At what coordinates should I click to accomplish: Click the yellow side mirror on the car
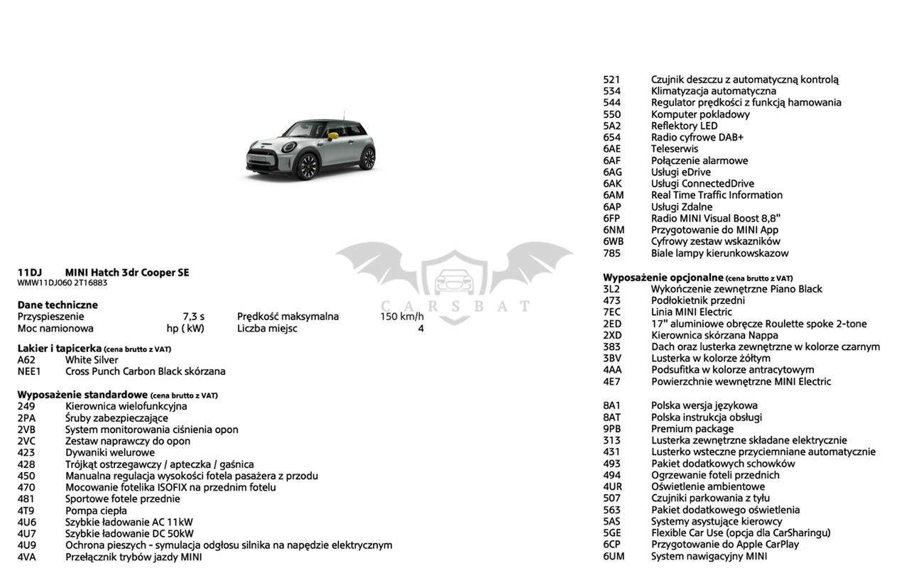(334, 131)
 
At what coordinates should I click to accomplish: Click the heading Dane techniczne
(58, 305)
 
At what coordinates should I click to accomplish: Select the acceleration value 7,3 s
(193, 317)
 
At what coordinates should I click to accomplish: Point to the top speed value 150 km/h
(402, 317)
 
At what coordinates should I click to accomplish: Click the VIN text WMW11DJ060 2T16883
(62, 283)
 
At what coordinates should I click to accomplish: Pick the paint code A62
(26, 360)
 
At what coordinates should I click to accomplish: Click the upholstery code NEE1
(29, 371)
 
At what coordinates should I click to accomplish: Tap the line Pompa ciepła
(96, 510)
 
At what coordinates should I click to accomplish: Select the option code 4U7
(26, 534)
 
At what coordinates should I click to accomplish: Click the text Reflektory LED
(684, 126)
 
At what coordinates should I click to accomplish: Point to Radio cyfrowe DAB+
(697, 138)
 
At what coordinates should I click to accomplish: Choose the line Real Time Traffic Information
(717, 195)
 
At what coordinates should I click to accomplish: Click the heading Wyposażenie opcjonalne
(663, 278)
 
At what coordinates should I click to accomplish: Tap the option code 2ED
(612, 324)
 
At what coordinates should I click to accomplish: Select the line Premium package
(692, 429)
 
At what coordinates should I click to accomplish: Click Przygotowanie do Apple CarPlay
(724, 545)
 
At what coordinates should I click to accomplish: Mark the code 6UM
(614, 557)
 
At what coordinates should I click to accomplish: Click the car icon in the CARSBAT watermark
(454, 282)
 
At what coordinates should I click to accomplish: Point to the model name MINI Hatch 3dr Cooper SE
(127, 273)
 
